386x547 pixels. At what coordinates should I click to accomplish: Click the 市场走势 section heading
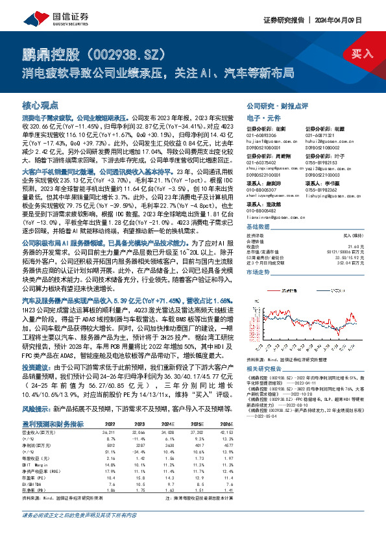[259, 273]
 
